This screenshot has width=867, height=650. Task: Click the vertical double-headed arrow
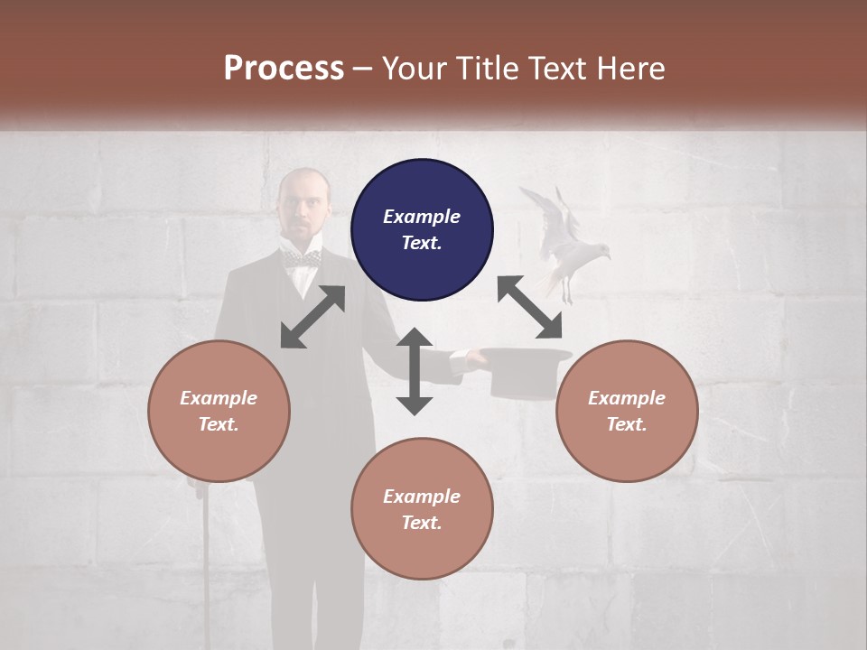tap(415, 371)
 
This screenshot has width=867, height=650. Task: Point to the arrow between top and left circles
tap(312, 317)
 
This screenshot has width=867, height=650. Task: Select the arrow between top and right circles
tap(530, 307)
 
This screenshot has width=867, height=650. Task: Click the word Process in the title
tap(284, 68)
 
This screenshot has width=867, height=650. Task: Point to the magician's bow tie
tap(302, 259)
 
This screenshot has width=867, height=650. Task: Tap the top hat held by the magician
tap(526, 372)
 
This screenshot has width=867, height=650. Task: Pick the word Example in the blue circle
tap(422, 217)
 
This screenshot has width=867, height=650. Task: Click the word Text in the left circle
tap(219, 424)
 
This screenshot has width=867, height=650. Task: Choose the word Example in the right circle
tap(627, 398)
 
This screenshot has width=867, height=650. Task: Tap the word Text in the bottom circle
tap(422, 523)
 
